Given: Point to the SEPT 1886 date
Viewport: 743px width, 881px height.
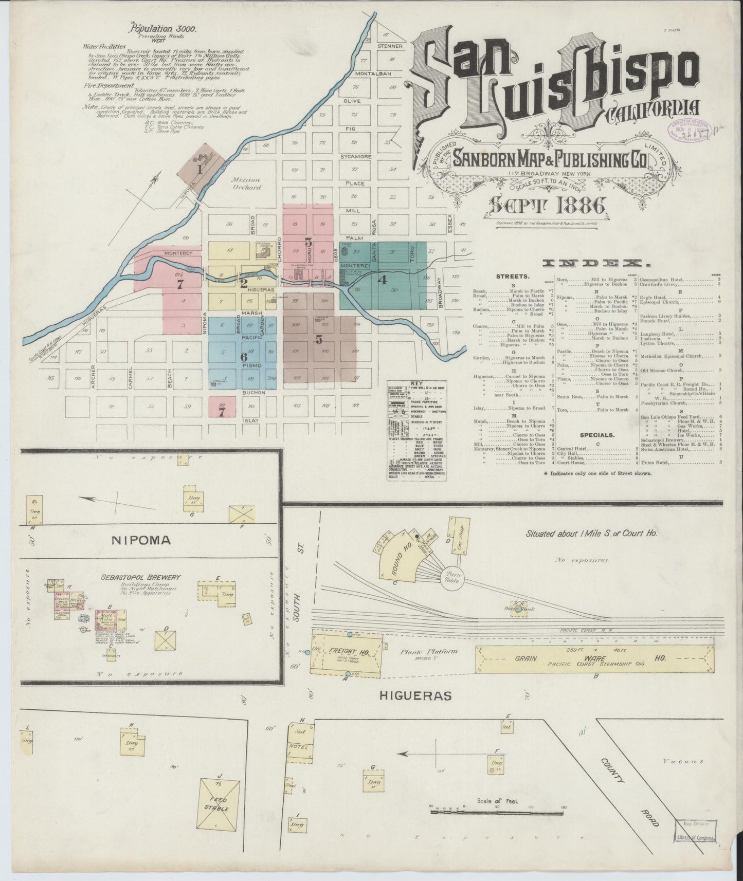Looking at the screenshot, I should pos(546,206).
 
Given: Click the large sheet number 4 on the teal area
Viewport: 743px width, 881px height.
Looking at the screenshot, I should pos(382,280).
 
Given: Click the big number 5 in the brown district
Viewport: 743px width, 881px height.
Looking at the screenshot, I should pos(319,340).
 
